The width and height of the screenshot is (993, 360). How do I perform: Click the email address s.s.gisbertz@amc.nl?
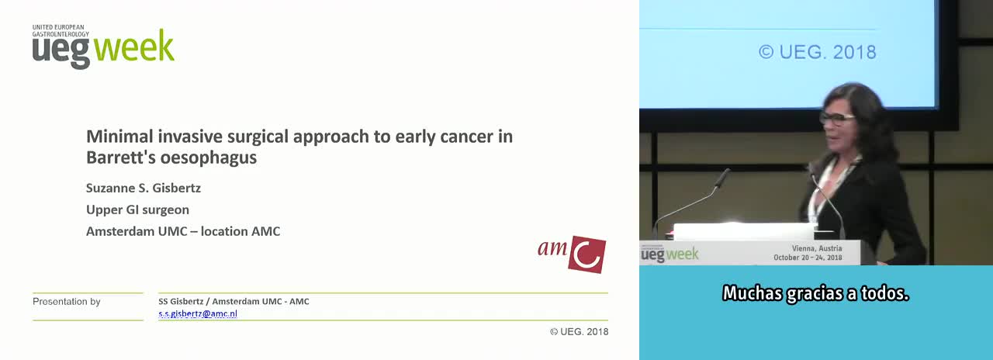click(198, 314)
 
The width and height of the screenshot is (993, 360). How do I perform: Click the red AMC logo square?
click(587, 254)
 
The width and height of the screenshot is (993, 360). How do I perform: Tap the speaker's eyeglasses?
click(836, 118)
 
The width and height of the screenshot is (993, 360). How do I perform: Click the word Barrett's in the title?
click(120, 157)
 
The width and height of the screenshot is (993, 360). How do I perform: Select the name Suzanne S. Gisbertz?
click(144, 188)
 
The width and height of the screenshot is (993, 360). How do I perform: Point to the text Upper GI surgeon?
click(137, 209)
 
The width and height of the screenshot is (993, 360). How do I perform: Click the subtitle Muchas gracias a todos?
click(815, 293)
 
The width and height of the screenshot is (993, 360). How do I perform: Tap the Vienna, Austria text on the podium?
click(817, 248)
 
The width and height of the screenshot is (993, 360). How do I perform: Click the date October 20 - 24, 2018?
click(808, 258)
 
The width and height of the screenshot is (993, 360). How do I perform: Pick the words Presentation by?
click(67, 302)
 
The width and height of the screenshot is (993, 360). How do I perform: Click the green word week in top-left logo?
click(134, 46)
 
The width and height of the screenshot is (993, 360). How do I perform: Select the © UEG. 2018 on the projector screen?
click(818, 52)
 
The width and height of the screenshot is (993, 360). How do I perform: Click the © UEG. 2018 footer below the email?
click(579, 331)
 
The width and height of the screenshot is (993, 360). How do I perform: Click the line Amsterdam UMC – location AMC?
click(183, 231)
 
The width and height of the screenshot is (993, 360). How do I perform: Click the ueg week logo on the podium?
click(669, 254)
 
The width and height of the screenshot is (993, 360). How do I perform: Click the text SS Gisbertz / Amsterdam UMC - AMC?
click(234, 302)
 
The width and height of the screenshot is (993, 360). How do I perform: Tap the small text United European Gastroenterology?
click(61, 30)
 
